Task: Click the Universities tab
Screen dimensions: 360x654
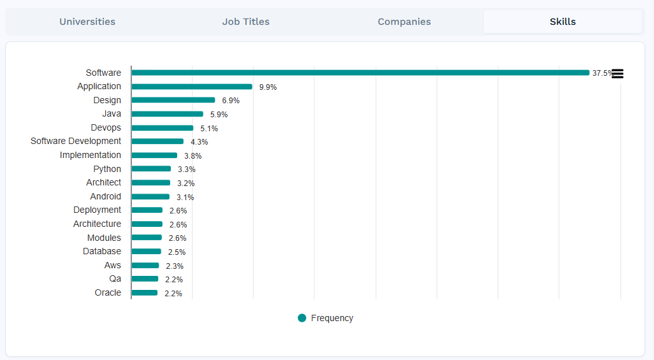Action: [87, 22]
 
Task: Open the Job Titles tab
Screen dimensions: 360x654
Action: [245, 22]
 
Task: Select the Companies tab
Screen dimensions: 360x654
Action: [404, 22]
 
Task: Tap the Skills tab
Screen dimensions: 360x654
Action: [562, 22]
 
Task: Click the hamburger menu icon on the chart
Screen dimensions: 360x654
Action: [617, 74]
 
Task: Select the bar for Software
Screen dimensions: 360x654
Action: [360, 73]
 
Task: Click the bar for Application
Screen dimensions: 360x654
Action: [192, 87]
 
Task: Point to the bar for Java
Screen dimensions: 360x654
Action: [167, 114]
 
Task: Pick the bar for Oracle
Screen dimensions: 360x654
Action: [145, 293]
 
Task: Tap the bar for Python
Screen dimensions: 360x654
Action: [151, 169]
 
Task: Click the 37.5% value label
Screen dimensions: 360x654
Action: [602, 73]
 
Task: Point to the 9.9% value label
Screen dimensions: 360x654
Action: [268, 87]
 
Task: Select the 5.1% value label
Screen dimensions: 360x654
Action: [209, 129]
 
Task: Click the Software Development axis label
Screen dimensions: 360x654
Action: [76, 141]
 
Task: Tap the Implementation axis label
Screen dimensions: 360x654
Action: [91, 155]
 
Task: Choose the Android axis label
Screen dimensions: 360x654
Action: [105, 196]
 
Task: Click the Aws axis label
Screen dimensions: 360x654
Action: [112, 265]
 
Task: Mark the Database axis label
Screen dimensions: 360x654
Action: [102, 251]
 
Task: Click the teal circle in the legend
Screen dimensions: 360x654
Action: [302, 318]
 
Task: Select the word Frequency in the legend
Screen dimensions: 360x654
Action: [331, 318]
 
